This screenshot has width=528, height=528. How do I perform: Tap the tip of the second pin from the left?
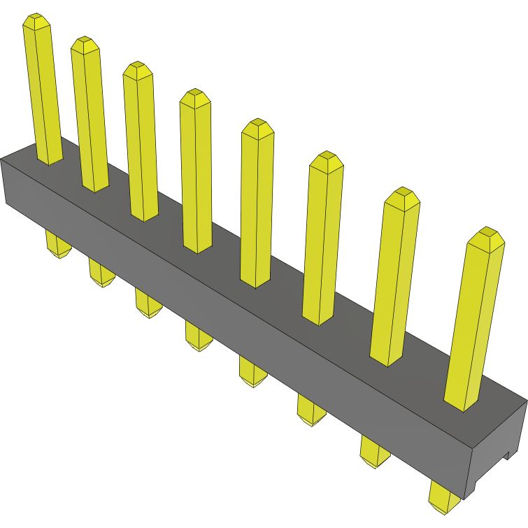coord(85,44)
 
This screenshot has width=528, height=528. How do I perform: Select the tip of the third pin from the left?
coord(137,70)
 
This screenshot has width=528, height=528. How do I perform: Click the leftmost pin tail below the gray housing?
coord(57,245)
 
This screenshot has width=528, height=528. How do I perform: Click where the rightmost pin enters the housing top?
coord(462,404)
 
